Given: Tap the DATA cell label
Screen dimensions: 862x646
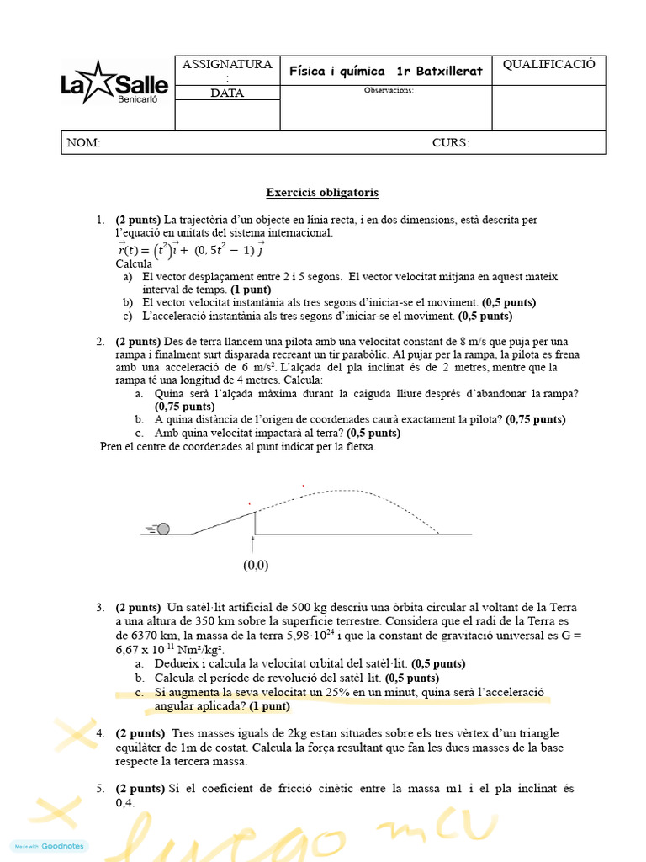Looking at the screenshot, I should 227,93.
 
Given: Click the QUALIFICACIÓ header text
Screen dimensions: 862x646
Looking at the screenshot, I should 548,65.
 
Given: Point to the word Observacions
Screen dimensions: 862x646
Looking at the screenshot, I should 389,90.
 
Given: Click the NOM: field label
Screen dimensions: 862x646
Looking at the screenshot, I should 84,143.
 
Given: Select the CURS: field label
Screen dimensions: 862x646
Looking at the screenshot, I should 451,143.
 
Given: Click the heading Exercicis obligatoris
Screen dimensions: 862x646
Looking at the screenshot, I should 322,193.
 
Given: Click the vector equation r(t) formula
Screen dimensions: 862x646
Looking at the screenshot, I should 191,249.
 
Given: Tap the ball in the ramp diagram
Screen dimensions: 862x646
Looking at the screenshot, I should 163,529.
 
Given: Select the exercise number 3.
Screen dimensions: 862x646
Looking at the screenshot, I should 100,607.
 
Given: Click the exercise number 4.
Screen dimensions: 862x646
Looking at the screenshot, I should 100,733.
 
